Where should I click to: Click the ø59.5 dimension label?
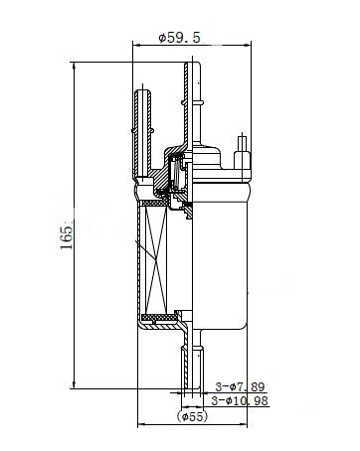click(x=180, y=38)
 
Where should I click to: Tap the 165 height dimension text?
click(x=67, y=237)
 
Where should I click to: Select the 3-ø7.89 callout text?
click(x=240, y=386)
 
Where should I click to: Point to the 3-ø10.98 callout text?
click(x=240, y=401)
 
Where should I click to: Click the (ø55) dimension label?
click(x=192, y=416)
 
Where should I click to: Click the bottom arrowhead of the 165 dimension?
click(x=74, y=385)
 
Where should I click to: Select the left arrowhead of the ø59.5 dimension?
click(x=136, y=45)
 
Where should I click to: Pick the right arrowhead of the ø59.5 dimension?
click(x=248, y=45)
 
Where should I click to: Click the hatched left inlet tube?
click(x=143, y=132)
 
